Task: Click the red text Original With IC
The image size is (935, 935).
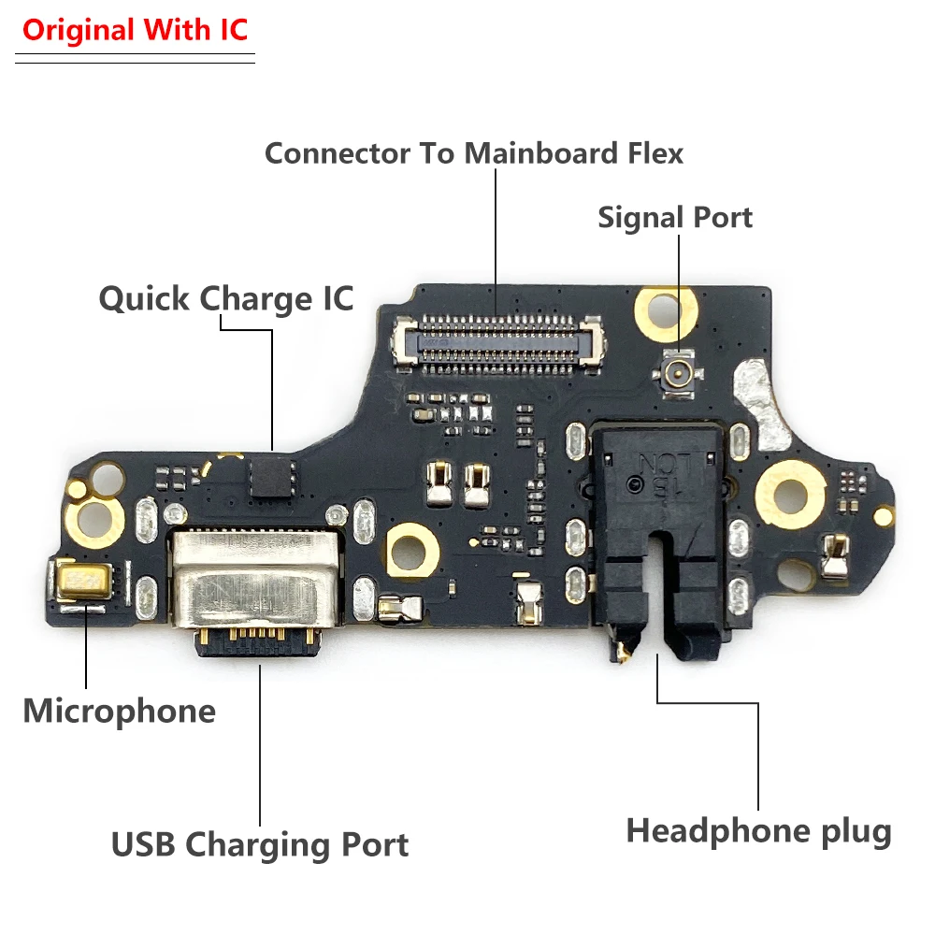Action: (135, 30)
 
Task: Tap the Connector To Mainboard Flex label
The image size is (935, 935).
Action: (474, 152)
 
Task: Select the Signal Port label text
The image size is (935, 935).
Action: (675, 218)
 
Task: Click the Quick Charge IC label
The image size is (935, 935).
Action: (226, 299)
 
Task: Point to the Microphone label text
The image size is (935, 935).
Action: (119, 712)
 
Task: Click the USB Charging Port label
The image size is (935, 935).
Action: (260, 845)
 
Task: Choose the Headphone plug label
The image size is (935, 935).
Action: (758, 831)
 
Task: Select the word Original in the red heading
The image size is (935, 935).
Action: (79, 30)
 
